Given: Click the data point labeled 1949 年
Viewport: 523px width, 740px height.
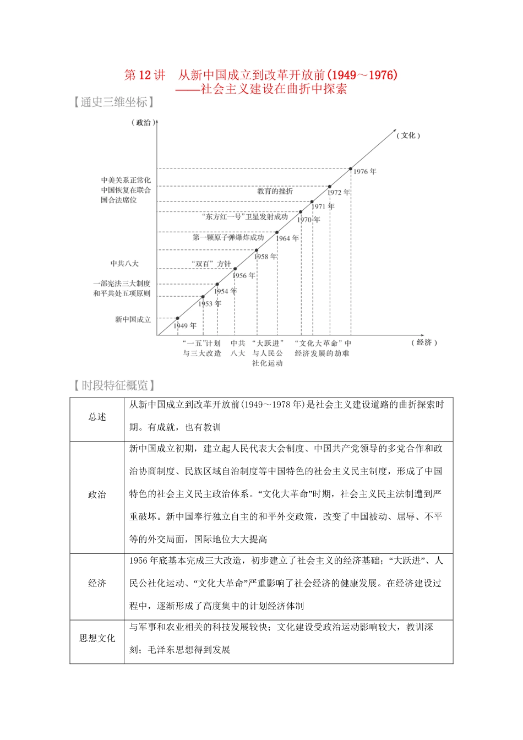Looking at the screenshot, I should click(178, 318).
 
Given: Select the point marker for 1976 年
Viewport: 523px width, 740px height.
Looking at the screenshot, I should click(351, 168).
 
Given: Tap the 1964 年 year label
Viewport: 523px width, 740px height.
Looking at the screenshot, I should click(287, 238).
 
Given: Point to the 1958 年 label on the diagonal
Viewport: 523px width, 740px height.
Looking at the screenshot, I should click(266, 257).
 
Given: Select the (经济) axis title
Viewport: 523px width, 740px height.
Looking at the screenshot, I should click(424, 342).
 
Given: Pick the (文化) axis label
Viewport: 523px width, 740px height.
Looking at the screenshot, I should click(408, 135).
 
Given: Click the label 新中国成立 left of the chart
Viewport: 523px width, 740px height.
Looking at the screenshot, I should click(133, 319).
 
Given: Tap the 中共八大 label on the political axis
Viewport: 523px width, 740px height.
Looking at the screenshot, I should click(124, 264).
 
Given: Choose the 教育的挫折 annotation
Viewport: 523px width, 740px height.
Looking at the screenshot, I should click(275, 191).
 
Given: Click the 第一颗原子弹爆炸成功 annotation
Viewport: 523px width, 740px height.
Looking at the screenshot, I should click(228, 237).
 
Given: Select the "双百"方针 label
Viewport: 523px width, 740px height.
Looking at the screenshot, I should click(211, 264).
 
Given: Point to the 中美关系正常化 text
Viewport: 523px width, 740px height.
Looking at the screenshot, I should click(126, 180).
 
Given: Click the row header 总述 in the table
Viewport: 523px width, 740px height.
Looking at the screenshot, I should click(97, 417).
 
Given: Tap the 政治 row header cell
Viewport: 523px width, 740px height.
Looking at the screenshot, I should click(97, 494).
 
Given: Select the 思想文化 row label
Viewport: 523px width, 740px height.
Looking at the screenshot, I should click(97, 638).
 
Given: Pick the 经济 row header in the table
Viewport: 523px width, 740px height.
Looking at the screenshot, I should click(97, 583).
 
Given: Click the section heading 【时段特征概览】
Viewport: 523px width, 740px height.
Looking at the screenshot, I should click(115, 385).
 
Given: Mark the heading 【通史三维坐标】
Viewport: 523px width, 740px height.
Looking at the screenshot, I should click(113, 102).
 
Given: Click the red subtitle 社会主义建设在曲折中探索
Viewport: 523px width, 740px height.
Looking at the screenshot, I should click(274, 89).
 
